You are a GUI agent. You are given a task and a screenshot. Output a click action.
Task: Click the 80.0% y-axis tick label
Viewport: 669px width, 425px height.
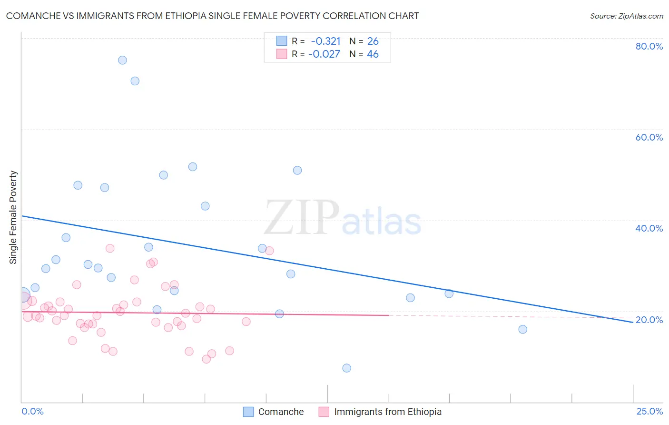coord(649,46)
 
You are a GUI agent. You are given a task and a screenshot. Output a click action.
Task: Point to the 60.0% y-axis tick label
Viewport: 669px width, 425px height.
coord(649,137)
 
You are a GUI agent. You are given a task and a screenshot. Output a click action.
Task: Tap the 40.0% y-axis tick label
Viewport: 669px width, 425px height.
coord(649,228)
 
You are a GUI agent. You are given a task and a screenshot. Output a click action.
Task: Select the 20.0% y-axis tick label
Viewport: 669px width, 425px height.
coord(649,320)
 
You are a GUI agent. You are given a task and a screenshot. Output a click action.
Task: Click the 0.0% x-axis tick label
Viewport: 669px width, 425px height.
coord(33,411)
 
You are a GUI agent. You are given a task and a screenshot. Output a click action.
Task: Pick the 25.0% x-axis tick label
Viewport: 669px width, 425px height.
coord(649,411)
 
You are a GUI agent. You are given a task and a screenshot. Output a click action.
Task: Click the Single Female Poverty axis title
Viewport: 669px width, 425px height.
coord(13,217)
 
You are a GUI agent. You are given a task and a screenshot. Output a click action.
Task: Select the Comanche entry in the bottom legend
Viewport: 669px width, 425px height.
coord(281,412)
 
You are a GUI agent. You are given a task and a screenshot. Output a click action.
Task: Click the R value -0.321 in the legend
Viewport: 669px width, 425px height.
coord(325,41)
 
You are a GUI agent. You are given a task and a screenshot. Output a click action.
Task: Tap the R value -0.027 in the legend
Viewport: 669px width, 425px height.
coord(324,54)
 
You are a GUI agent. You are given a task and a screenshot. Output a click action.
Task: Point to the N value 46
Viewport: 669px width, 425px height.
coord(373,54)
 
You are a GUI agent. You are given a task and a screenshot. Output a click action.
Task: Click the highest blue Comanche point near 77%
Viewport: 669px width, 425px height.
coord(122,60)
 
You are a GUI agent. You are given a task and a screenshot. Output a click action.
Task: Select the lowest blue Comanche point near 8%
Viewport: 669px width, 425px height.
coord(347,368)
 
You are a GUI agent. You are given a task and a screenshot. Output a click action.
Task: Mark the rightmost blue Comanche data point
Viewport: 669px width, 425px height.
coord(523,329)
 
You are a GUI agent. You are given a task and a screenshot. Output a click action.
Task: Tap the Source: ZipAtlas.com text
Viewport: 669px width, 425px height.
coord(627,16)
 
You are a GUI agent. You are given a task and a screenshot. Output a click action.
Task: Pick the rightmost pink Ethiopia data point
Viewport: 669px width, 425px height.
coord(269,251)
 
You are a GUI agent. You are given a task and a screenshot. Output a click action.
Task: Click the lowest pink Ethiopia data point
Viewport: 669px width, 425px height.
coord(207,359)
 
